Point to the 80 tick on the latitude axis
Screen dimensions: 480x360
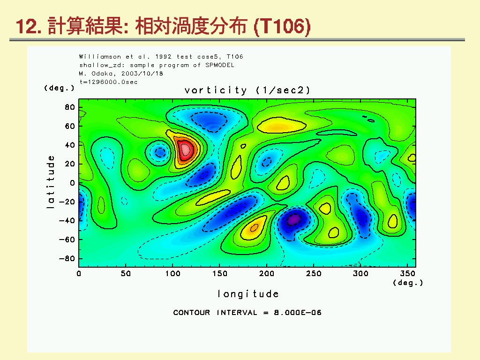[x=70, y=107]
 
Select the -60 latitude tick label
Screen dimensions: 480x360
[x=67, y=240]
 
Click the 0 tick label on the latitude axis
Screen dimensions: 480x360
[x=72, y=183]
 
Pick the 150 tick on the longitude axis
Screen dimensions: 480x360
[x=219, y=273]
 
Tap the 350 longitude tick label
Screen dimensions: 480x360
[x=407, y=273]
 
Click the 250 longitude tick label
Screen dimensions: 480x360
[x=314, y=273]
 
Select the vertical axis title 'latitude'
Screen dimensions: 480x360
[x=51, y=182]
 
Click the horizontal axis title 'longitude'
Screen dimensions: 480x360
[x=248, y=294]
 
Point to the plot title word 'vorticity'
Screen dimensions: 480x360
[x=216, y=90]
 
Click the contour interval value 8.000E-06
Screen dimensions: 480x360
[x=298, y=313]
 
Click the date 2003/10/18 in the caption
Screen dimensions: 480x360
[x=142, y=74]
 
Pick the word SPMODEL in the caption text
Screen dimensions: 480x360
[x=220, y=65]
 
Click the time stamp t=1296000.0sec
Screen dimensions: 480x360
[x=108, y=82]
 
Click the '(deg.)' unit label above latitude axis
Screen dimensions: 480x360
[x=59, y=88]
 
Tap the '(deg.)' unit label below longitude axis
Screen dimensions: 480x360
[x=408, y=283]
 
